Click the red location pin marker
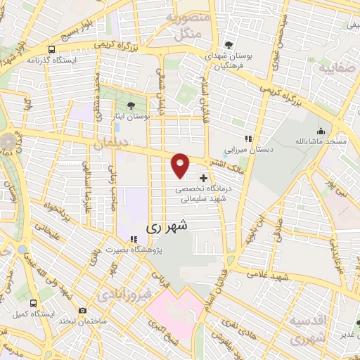click(181, 165)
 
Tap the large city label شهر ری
click(167, 228)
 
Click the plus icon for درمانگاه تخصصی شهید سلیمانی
click(204, 178)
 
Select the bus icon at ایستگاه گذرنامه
click(51, 49)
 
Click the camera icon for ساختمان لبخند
click(83, 310)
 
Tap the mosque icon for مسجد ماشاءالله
click(321, 131)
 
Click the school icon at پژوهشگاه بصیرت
click(133, 238)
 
